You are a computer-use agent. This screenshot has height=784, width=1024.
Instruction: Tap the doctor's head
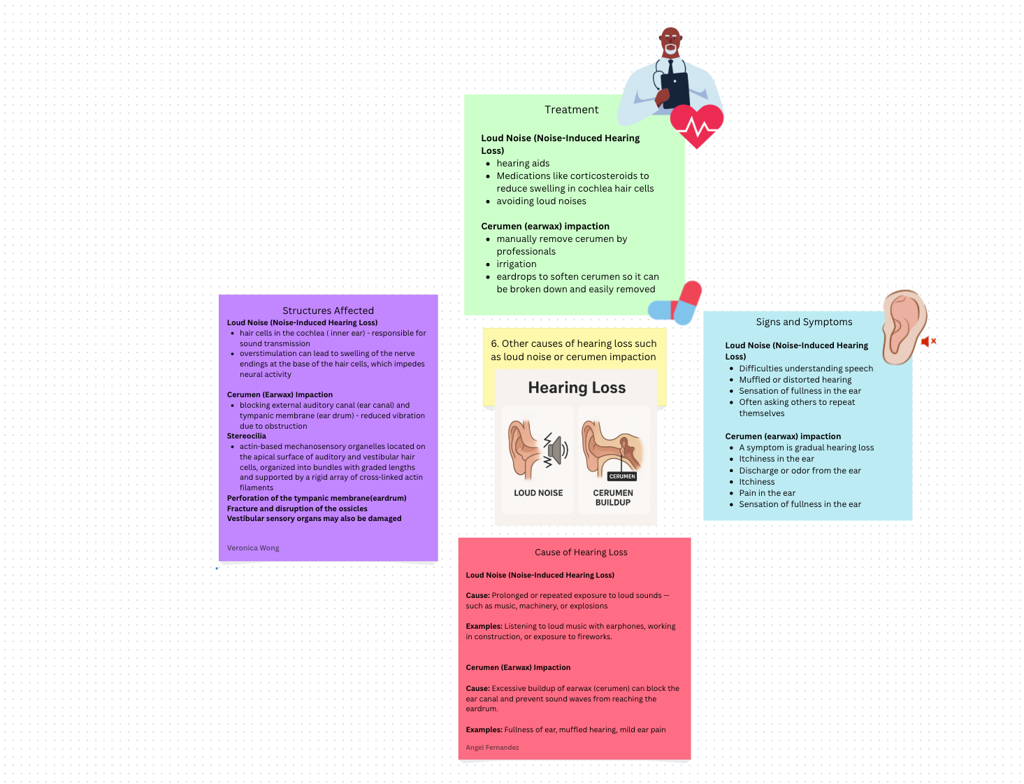[671, 42]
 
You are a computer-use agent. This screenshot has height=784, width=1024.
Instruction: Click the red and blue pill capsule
[675, 304]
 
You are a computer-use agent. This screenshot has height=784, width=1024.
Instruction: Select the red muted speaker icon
[928, 341]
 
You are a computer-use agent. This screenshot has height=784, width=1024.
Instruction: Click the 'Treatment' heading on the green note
[571, 110]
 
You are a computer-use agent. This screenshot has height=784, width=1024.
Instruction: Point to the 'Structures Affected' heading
[328, 311]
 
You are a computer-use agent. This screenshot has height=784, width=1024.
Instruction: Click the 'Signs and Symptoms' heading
[804, 322]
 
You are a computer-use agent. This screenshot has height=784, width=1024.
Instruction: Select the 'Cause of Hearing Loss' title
[581, 553]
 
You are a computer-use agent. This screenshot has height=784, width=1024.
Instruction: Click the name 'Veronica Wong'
[253, 548]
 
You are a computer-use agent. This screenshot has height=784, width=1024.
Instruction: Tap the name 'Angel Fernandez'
[492, 748]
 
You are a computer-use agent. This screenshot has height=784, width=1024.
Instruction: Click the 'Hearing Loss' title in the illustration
[577, 388]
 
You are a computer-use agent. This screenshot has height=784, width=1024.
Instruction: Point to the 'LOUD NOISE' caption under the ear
[538, 493]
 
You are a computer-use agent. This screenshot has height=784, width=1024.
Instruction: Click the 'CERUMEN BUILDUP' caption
[613, 497]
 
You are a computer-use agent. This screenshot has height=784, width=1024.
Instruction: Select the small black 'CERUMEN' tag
[622, 476]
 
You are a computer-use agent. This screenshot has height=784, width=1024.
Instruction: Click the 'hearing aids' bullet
[523, 164]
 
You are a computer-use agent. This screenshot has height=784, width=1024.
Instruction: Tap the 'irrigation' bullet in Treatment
[517, 264]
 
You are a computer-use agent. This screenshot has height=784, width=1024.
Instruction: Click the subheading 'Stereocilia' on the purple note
[247, 436]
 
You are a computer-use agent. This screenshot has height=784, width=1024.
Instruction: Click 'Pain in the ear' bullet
[767, 493]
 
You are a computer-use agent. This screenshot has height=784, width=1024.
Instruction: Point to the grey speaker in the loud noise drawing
[555, 450]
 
